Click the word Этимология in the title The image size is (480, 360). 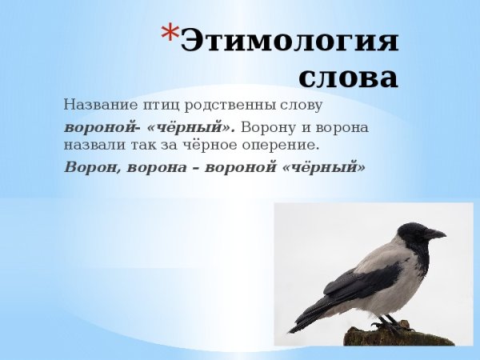pyautogui.click(x=289, y=40)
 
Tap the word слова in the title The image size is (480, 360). pyautogui.click(x=348, y=78)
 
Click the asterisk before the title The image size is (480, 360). pyautogui.click(x=170, y=34)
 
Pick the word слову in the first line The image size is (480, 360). pyautogui.click(x=301, y=105)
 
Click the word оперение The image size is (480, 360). pyautogui.click(x=286, y=146)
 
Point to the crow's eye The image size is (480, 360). pyautogui.click(x=417, y=230)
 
